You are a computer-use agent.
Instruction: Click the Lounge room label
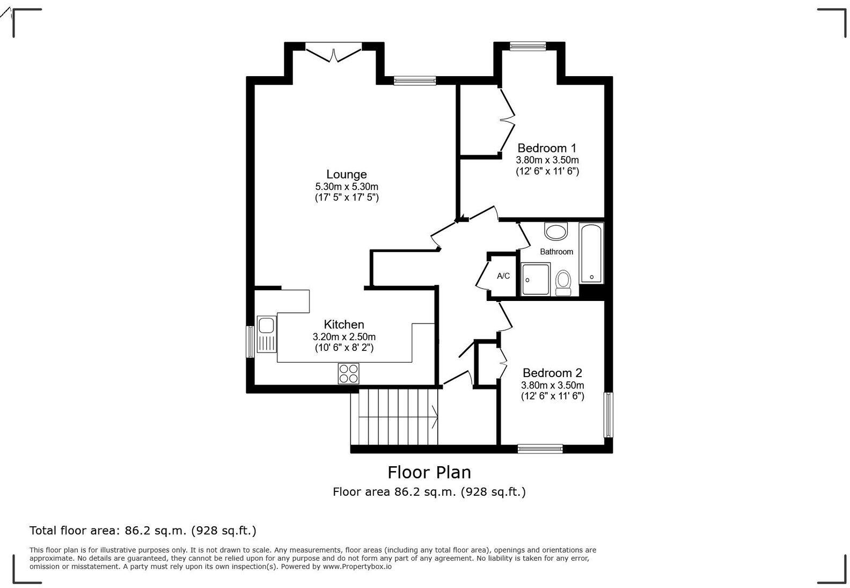coord(347,174)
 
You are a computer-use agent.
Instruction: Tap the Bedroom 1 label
coord(547,148)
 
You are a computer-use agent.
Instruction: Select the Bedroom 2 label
coord(552,373)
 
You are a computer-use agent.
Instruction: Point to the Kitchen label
coord(344,325)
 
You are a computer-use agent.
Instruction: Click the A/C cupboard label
coord(503,276)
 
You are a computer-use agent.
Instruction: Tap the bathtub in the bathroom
coord(591,253)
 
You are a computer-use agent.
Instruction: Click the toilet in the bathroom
coord(563,282)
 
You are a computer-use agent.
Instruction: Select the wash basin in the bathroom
coord(555,232)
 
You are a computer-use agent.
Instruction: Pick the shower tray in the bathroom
coord(536,280)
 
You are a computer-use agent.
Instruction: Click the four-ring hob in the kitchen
coord(348,373)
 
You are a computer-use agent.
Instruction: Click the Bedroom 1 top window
coord(527,46)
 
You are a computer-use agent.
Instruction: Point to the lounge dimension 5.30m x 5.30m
coord(347,187)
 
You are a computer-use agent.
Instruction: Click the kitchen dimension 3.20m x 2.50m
coord(344,337)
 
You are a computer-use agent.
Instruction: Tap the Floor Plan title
coord(429,472)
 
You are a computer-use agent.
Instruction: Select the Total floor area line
coord(143,531)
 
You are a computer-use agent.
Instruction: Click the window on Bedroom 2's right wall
coord(609,415)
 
